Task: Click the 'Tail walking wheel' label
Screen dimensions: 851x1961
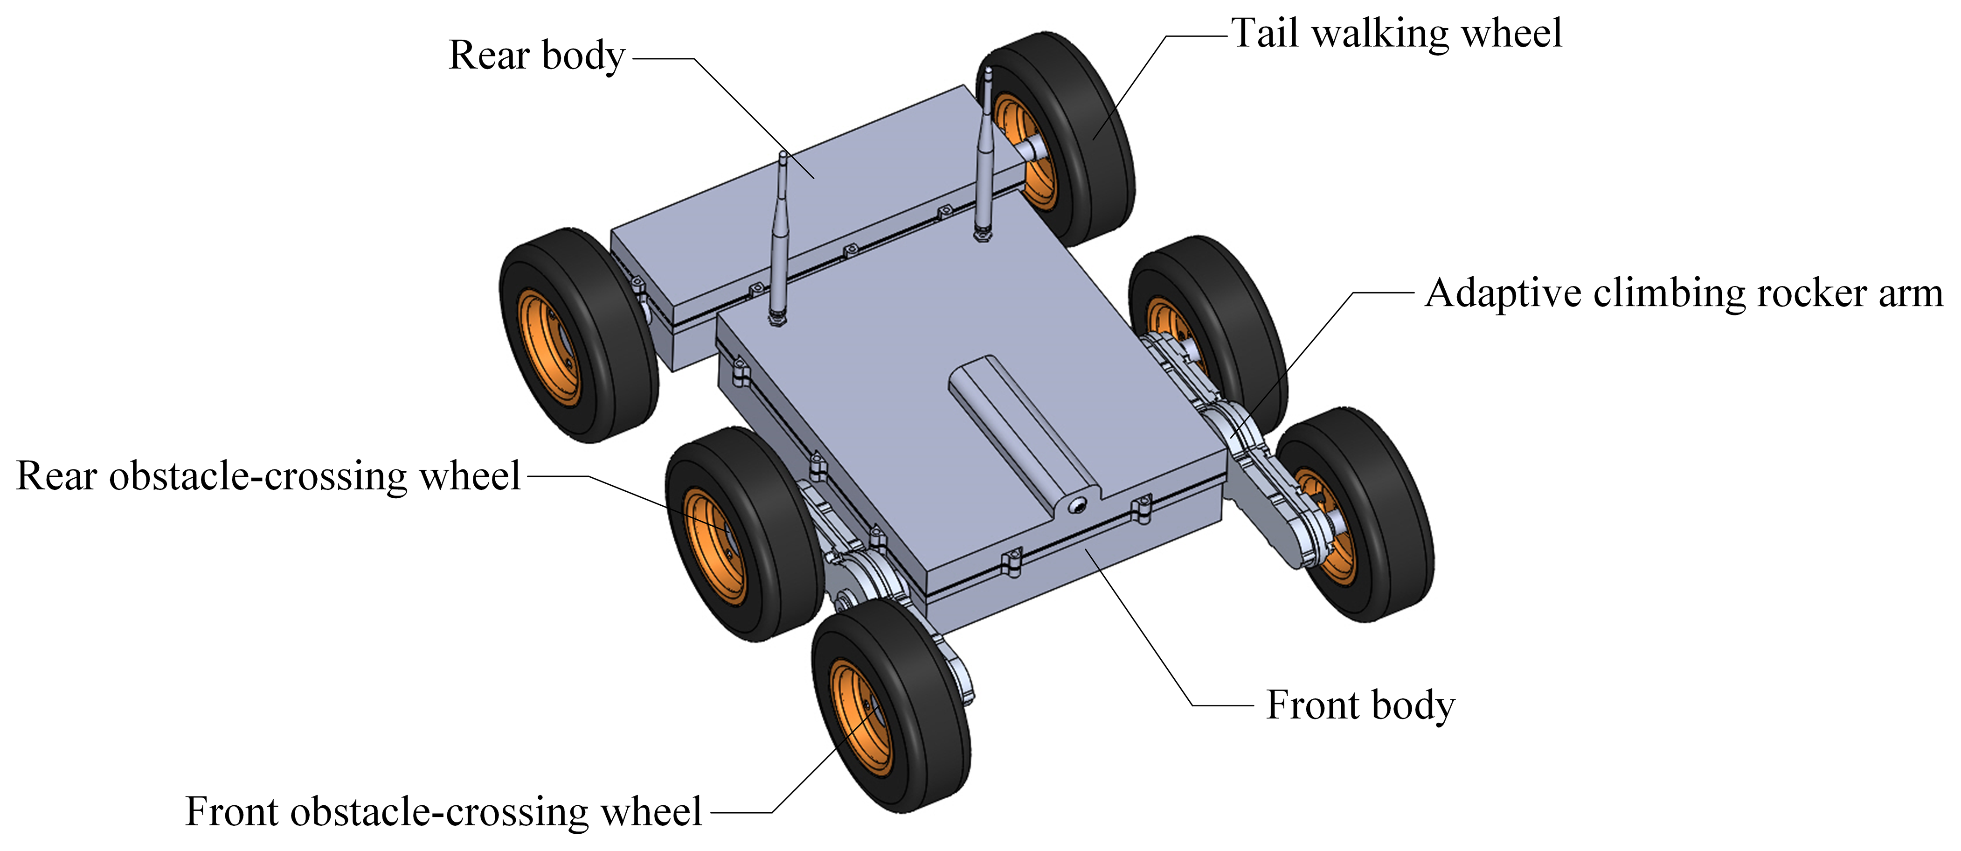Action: click(1397, 34)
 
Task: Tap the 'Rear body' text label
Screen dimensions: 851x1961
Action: click(537, 56)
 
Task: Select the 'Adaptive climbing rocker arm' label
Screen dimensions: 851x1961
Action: click(1683, 294)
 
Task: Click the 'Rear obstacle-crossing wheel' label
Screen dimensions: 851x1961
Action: click(268, 477)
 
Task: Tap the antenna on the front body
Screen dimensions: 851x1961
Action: click(780, 236)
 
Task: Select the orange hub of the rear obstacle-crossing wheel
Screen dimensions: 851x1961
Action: click(712, 545)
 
